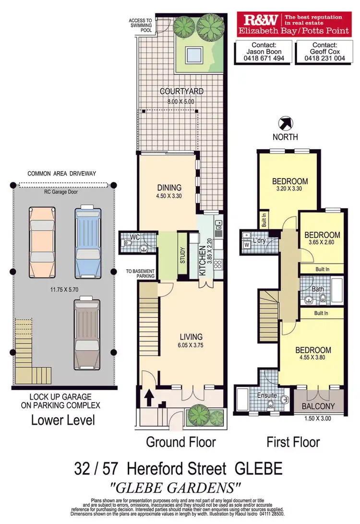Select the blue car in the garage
point(87,239)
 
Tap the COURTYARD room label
point(181,91)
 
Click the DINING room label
point(169,188)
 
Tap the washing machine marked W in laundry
point(248,244)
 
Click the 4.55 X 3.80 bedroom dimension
point(312,358)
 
